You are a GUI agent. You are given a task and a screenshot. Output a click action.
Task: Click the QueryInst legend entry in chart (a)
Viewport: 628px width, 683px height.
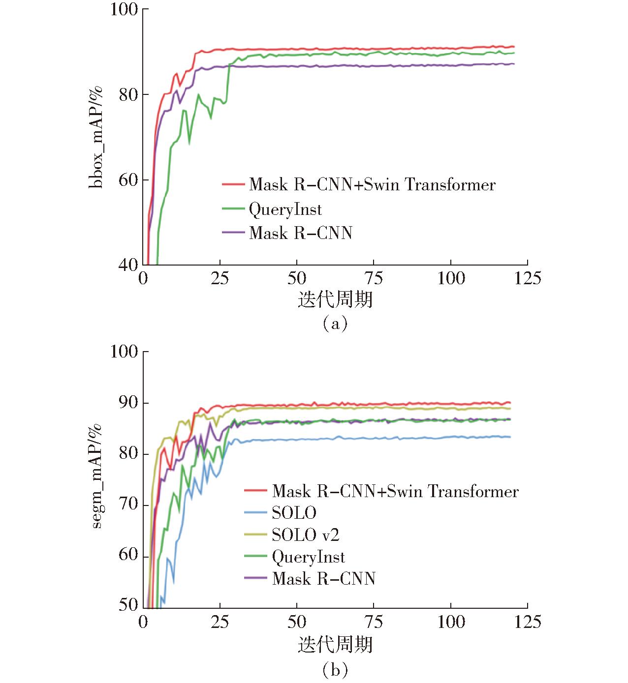pos(285,209)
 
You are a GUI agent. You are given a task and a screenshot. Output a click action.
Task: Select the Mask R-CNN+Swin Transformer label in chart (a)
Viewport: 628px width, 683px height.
pos(372,185)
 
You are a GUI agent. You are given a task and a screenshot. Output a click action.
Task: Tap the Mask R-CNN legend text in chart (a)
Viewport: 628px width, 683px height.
pos(300,233)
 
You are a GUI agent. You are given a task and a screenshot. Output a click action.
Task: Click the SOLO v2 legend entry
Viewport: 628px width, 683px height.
pos(305,535)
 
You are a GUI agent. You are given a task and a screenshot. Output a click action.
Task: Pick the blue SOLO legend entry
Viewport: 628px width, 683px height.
pos(294,513)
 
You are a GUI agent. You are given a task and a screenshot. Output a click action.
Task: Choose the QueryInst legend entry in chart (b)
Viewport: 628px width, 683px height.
pos(308,557)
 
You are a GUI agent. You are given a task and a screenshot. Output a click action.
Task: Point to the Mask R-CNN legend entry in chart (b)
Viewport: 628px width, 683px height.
pos(323,578)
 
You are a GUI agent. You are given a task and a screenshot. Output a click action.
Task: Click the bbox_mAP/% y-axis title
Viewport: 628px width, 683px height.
pos(96,137)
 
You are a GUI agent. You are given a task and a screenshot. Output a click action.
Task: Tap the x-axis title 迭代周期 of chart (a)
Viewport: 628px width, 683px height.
pos(335,299)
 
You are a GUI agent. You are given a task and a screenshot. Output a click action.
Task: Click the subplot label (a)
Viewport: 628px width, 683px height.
pos(335,324)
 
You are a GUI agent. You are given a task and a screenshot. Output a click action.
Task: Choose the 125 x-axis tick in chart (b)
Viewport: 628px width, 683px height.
pos(527,622)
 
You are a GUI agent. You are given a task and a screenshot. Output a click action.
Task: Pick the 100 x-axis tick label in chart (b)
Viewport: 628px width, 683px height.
pos(450,622)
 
